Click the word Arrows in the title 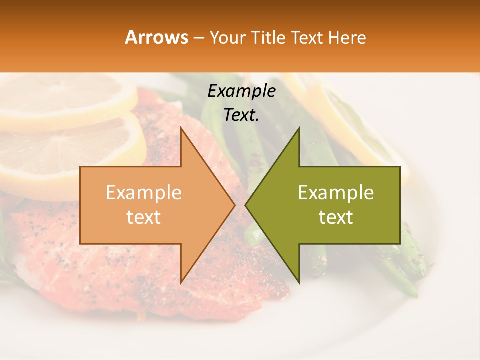pyautogui.click(x=157, y=37)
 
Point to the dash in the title pyautogui.click(x=198, y=38)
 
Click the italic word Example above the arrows pyautogui.click(x=241, y=91)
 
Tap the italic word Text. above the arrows pyautogui.click(x=241, y=115)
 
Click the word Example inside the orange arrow pyautogui.click(x=144, y=192)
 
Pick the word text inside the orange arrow pyautogui.click(x=144, y=217)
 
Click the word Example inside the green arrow pyautogui.click(x=336, y=192)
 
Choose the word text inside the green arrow pyautogui.click(x=336, y=217)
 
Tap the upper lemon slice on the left pyautogui.click(x=65, y=100)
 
